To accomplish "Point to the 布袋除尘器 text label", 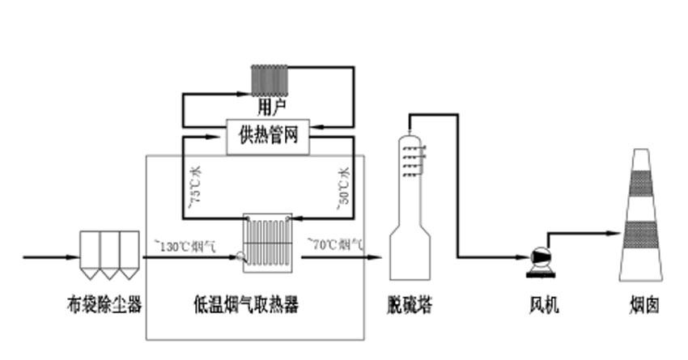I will (x=104, y=305).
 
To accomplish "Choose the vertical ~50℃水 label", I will (x=343, y=188).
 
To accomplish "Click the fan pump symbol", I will (x=538, y=257).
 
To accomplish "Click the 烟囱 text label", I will (x=644, y=305).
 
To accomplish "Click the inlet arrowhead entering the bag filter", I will (x=74, y=258).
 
